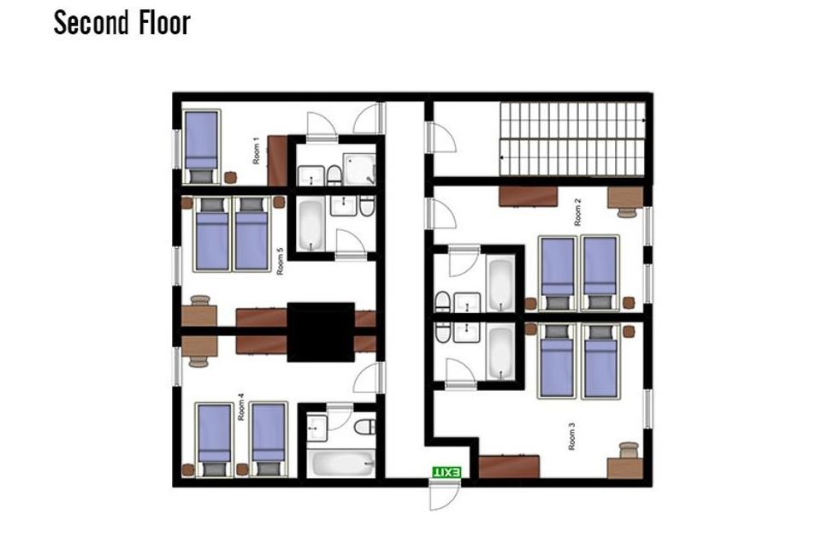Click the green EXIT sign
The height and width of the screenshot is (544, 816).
pos(446,472)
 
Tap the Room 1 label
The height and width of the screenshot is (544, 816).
pos(256,151)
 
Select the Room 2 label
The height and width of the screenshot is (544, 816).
pos(577,212)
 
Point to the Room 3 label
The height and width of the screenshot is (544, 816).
pos(572,436)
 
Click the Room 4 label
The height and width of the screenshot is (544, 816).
pos(241,407)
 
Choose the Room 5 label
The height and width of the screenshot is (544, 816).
pos(280,262)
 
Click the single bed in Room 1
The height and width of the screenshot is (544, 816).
pos(201,147)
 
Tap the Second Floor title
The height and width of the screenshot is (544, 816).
pos(122,23)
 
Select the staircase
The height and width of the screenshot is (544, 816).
pos(572,139)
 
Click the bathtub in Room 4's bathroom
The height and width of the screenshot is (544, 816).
pos(341,464)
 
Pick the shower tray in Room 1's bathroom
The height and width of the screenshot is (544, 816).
pos(359,169)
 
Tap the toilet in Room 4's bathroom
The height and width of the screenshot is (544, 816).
pos(365,427)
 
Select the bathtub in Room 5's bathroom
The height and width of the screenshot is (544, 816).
pos(310,226)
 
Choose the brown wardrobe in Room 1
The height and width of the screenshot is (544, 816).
pos(277,160)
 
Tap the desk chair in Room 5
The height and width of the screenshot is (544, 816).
pos(200,300)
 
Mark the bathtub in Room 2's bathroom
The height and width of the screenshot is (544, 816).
pos(500,283)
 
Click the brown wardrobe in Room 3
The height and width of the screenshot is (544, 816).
pos(509,466)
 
